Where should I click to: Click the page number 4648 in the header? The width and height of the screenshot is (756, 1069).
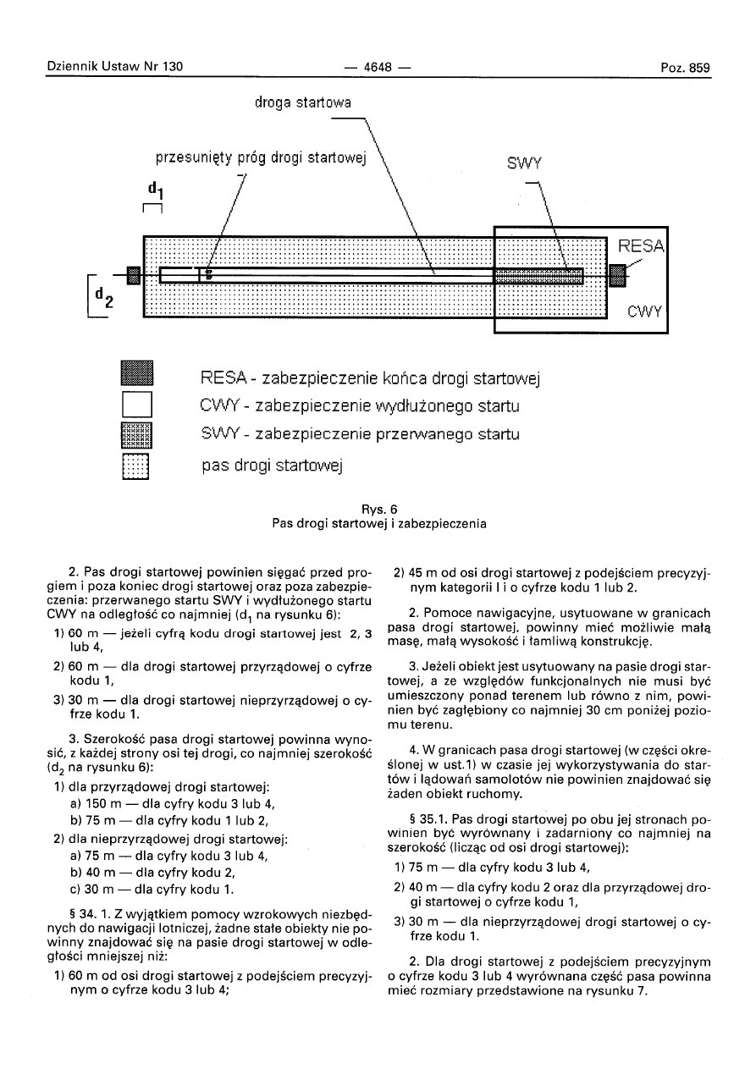(378, 68)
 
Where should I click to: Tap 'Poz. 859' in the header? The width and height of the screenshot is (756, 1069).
(685, 68)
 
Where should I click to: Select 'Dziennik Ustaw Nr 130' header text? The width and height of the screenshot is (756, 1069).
(114, 66)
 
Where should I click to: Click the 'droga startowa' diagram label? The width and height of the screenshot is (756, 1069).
(302, 102)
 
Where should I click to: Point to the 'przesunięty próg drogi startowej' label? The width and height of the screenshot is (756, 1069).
(261, 158)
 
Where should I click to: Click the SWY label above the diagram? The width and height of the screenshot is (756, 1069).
(524, 163)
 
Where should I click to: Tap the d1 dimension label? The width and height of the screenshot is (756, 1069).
(155, 190)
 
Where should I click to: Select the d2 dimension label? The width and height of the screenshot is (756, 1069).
(104, 296)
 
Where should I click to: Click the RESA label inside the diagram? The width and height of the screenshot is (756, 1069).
(641, 245)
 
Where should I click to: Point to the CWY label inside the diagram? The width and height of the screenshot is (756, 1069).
(644, 311)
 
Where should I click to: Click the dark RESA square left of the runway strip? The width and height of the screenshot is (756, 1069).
(133, 275)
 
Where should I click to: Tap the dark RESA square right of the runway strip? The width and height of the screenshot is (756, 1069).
(618, 275)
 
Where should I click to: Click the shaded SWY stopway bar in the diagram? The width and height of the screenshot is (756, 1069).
(538, 276)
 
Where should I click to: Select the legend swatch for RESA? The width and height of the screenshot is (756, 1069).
(137, 372)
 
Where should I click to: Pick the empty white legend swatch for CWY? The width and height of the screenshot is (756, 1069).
(137, 405)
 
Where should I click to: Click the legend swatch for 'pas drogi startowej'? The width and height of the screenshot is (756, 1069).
(135, 466)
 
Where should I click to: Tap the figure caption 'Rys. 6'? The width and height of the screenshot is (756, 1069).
(379, 510)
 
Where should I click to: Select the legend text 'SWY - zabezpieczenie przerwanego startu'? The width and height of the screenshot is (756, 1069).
(361, 434)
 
